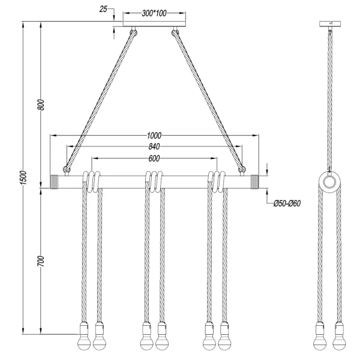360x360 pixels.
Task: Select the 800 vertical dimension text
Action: (41, 104)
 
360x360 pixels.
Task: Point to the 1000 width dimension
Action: (155, 136)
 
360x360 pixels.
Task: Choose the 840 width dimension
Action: (155, 147)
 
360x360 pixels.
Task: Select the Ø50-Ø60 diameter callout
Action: (286, 203)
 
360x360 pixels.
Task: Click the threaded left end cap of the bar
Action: (58, 181)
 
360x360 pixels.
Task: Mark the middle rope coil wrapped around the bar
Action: (155, 181)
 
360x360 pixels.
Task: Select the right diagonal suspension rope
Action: (209, 99)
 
